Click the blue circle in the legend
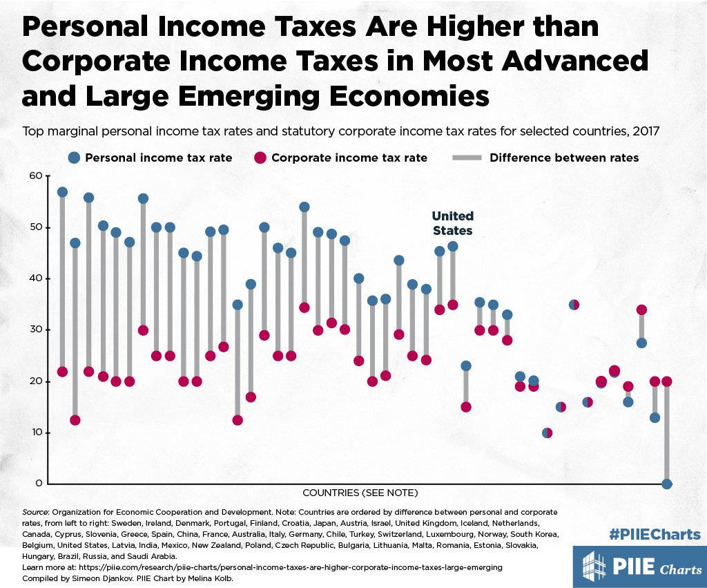pyautogui.click(x=74, y=158)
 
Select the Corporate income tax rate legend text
pyautogui.click(x=349, y=158)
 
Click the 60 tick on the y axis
pyautogui.click(x=35, y=176)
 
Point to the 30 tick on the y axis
pyautogui.click(x=35, y=330)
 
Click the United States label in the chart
pyautogui.click(x=452, y=223)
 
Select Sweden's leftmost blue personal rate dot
pyautogui.click(x=62, y=192)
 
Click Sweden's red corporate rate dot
pyautogui.click(x=62, y=372)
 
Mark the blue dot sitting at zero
pyautogui.click(x=667, y=484)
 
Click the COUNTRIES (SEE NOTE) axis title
pyautogui.click(x=360, y=493)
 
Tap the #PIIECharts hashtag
pyautogui.click(x=655, y=534)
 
